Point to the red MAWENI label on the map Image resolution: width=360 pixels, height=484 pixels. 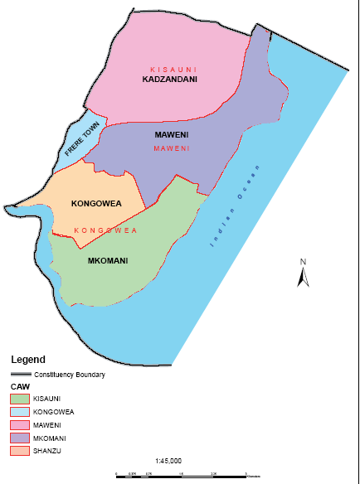(173, 148)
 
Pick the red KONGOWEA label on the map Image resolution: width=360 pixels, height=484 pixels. (105, 230)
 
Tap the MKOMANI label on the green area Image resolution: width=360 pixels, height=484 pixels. (107, 261)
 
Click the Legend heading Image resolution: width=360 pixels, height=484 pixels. (27, 361)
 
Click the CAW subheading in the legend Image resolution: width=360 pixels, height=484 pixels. (19, 386)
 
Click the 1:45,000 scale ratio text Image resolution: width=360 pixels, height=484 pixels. (168, 460)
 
